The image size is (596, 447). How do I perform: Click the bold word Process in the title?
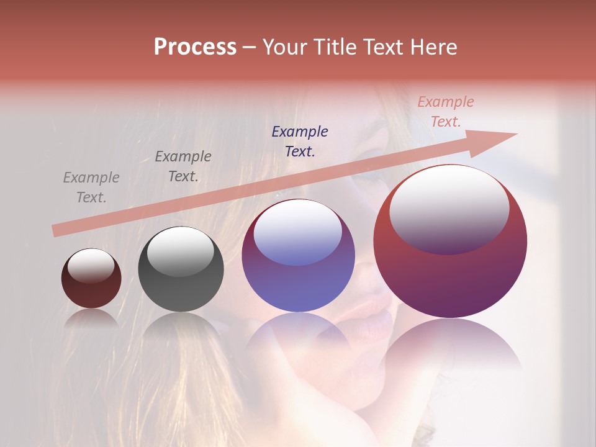point(195,47)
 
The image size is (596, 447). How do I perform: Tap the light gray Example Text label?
point(91,187)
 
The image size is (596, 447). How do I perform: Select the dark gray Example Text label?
point(183,166)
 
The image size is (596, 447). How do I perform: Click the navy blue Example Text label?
point(300,141)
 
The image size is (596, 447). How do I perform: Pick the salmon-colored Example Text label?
point(446,112)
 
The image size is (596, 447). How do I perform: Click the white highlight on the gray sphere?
point(180,251)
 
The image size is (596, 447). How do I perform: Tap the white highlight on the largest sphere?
point(449,208)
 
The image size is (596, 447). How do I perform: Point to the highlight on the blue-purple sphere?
point(297,232)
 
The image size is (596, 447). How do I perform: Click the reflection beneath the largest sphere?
point(450,348)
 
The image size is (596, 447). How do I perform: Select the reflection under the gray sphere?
point(181,326)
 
